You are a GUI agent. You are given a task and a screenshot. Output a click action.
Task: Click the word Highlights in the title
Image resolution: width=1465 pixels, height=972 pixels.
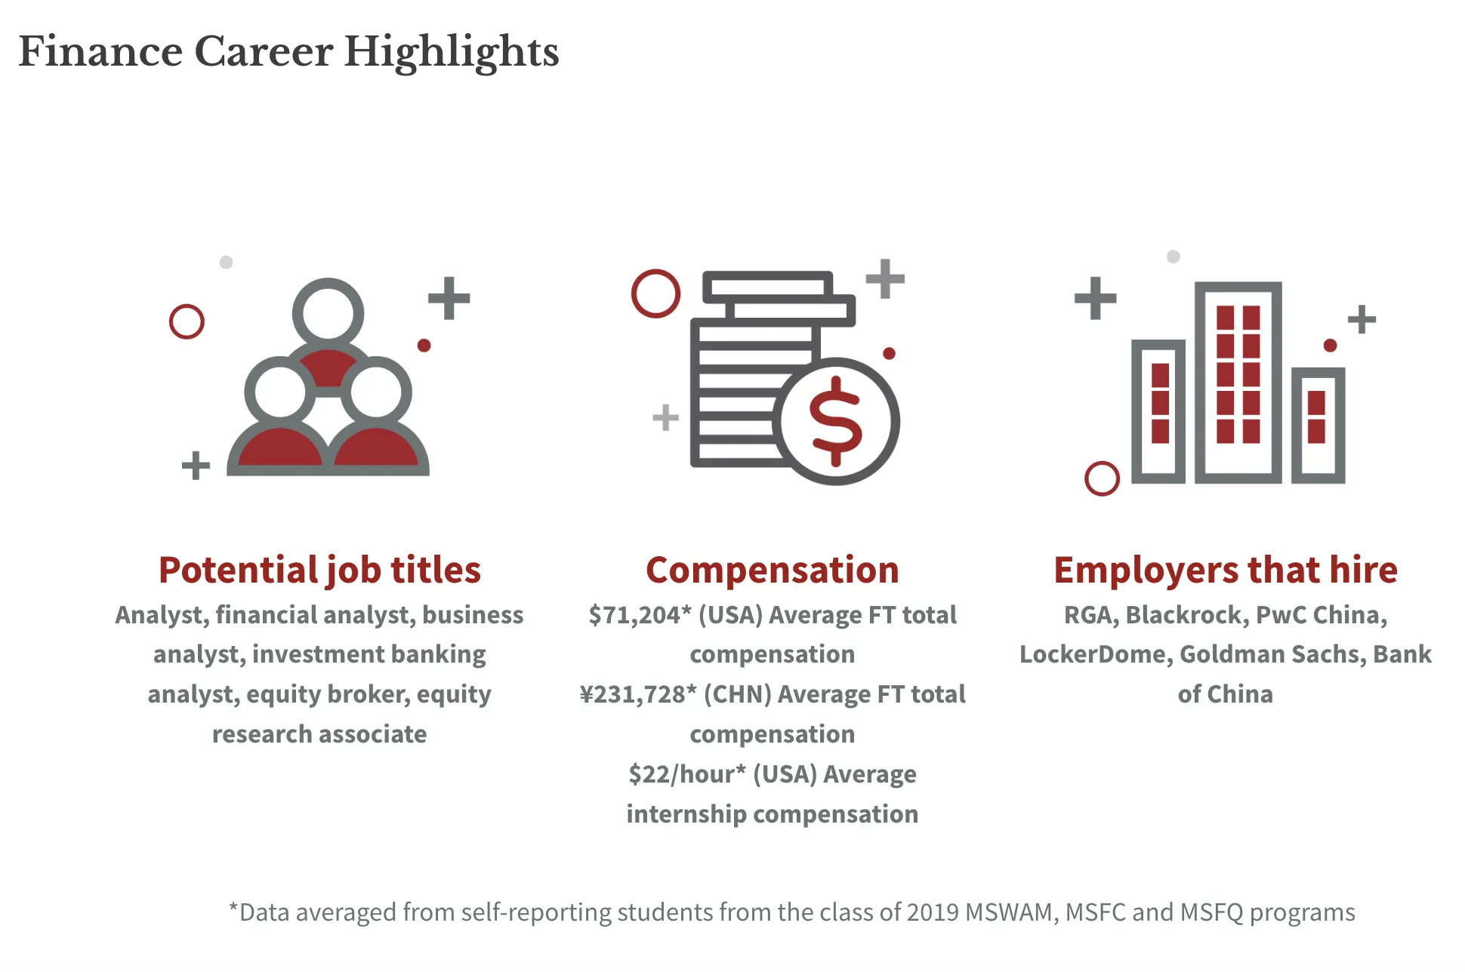[451, 53]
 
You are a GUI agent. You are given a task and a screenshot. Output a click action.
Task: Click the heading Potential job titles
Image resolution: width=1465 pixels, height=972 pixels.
[319, 570]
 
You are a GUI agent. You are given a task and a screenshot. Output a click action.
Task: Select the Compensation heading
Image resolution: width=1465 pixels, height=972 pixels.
[772, 570]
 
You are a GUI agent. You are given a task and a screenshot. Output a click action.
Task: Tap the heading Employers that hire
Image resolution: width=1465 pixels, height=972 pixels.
[1225, 570]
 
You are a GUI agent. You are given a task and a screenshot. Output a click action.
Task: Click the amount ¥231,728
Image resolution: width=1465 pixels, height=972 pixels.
[633, 694]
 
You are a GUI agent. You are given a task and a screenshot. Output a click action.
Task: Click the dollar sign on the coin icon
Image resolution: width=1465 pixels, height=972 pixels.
[835, 421]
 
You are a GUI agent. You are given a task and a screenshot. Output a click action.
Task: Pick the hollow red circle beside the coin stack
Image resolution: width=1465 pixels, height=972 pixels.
[655, 294]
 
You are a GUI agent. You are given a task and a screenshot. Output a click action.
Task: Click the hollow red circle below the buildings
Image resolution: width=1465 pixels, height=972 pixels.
[1102, 478]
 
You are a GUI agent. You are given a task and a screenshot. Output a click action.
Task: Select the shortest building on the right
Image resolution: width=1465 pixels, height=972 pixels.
[1318, 425]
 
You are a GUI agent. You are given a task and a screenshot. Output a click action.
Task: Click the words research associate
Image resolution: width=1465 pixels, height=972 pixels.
[319, 734]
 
